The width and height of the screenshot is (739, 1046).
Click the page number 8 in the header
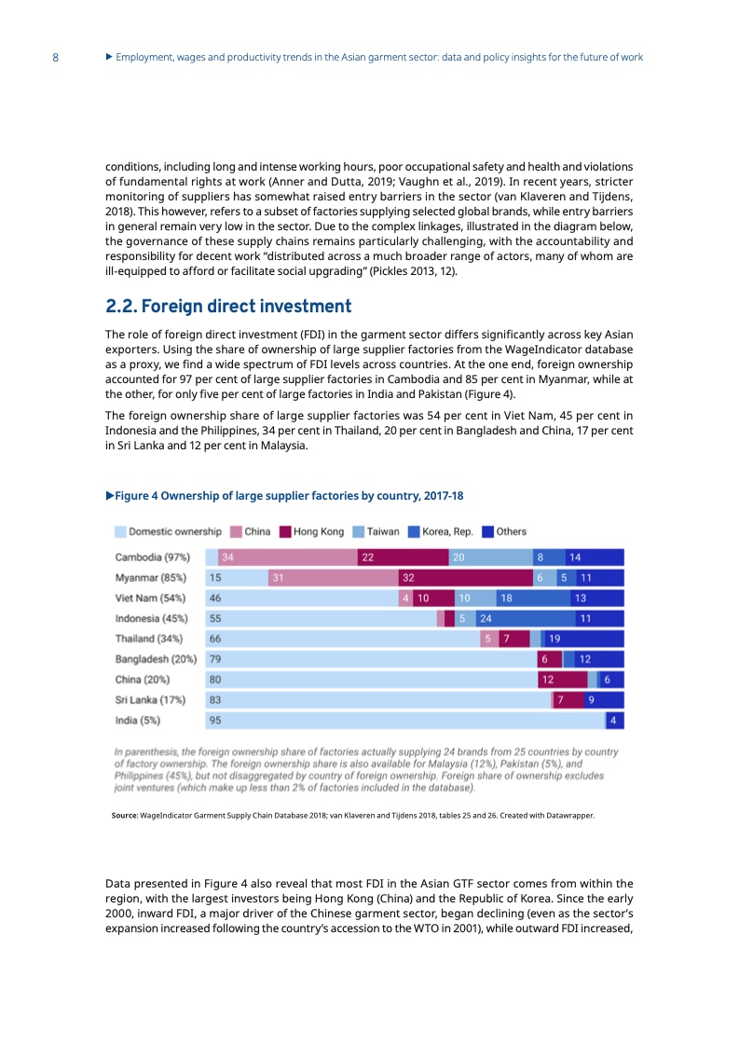click(x=55, y=58)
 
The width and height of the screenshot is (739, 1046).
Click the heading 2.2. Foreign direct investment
click(x=228, y=306)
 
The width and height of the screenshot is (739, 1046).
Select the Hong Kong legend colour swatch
click(x=285, y=531)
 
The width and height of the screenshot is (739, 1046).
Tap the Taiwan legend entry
click(x=376, y=531)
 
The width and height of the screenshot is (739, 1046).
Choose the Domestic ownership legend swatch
click(x=120, y=531)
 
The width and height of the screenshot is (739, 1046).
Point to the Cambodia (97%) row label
click(x=152, y=557)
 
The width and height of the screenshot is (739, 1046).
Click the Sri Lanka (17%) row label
click(x=150, y=700)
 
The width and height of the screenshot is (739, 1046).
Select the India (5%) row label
click(x=137, y=721)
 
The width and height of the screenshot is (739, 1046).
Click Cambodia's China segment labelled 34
click(x=287, y=557)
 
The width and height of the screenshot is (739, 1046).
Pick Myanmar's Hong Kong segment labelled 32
click(x=466, y=578)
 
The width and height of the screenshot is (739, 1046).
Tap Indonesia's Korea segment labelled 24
click(x=511, y=618)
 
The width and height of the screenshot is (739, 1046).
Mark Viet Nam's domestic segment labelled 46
click(x=302, y=599)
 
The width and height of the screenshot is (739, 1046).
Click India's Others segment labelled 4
click(x=615, y=721)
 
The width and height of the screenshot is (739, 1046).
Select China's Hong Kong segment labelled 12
click(x=563, y=680)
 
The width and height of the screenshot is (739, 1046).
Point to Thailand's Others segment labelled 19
click(x=584, y=640)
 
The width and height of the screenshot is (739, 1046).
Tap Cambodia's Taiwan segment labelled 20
click(x=491, y=557)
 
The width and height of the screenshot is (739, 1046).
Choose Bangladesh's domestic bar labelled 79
click(x=372, y=659)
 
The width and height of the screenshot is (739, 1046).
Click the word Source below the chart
click(x=124, y=815)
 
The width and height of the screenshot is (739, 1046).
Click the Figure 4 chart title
click(x=285, y=496)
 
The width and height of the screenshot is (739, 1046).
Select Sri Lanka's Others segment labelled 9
click(x=604, y=700)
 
